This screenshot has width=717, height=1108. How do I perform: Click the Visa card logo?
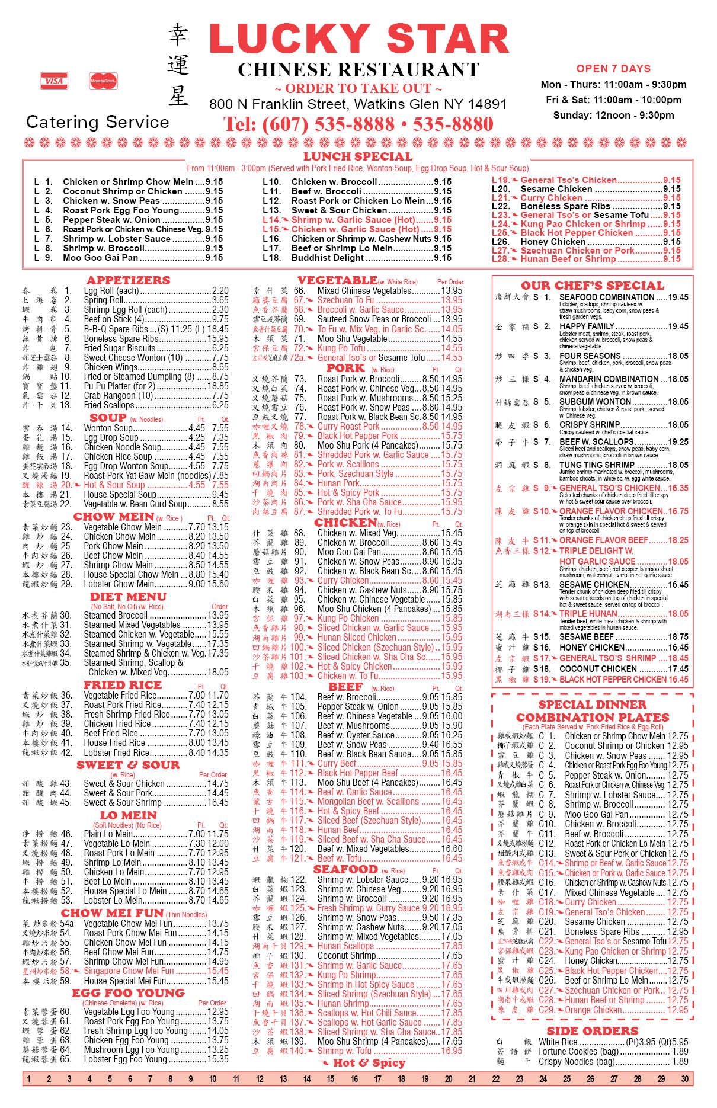(53, 81)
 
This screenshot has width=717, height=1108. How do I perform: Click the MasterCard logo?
(103, 81)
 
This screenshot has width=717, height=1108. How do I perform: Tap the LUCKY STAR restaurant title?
(358, 39)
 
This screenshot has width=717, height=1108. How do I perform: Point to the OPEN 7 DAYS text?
(613, 68)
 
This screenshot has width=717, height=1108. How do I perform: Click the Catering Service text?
(98, 122)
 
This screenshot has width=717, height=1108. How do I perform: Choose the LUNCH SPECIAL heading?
(358, 156)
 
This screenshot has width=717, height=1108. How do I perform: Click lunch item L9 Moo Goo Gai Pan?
(100, 258)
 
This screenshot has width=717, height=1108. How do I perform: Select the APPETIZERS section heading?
(128, 280)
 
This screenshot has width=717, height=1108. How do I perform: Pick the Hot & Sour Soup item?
(114, 485)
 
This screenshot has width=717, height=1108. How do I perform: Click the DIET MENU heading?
(128, 597)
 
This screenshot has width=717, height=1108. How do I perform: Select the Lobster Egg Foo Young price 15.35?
(217, 1059)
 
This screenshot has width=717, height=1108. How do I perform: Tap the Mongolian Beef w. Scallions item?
(368, 801)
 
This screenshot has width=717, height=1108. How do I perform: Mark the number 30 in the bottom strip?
(684, 1079)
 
